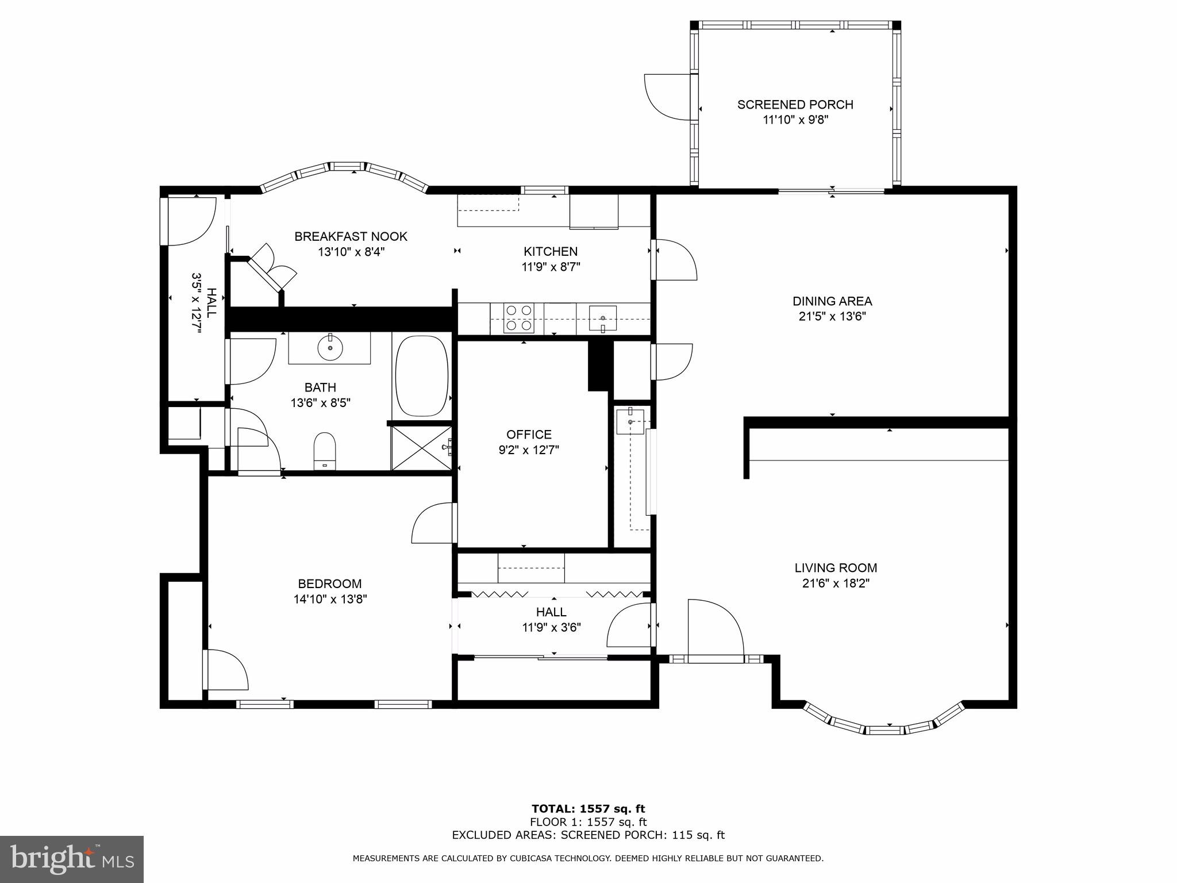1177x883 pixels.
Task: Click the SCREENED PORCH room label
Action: (795, 105)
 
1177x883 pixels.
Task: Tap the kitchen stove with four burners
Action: (518, 318)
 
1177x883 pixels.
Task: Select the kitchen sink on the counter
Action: (602, 318)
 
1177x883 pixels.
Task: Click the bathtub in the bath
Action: (422, 376)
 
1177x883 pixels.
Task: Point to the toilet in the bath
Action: (325, 451)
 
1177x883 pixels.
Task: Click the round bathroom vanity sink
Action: (330, 348)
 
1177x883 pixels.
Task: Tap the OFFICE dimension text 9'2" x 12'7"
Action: (529, 450)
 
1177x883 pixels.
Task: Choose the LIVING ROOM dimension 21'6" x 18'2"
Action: (836, 583)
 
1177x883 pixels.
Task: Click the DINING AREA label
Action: (832, 301)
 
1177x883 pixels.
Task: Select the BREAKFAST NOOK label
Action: (351, 236)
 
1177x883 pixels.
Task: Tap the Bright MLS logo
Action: (72, 859)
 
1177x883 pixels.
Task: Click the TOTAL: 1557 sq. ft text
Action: (588, 809)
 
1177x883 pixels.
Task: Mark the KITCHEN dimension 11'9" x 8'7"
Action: (551, 267)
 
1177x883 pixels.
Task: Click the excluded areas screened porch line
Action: (588, 835)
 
